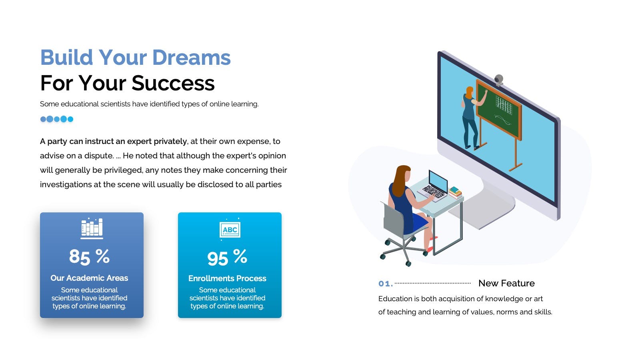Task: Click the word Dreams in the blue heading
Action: point(191,58)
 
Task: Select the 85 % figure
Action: point(89,256)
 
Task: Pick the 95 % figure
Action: point(227,257)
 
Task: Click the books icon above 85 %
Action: point(92,228)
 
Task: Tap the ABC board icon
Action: point(230,230)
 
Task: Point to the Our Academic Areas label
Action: point(89,278)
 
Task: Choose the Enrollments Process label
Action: point(227,278)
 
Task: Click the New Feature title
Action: point(506,283)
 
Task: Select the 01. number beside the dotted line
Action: point(386,284)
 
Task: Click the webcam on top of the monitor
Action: point(499,80)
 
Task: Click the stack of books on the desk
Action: point(455,192)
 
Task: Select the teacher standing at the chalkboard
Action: point(472,118)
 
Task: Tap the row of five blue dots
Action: point(56,119)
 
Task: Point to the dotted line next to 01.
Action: point(432,284)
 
